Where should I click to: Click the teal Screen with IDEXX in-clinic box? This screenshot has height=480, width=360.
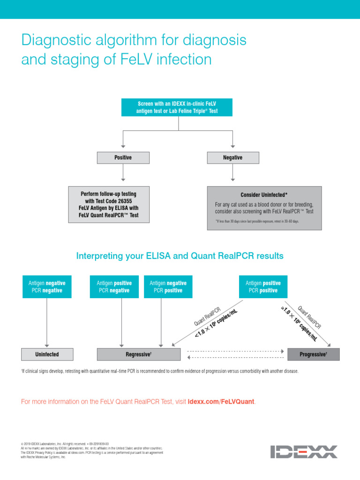pyautogui.click(x=178, y=107)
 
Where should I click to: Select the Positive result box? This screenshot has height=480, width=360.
pyautogui.click(x=123, y=158)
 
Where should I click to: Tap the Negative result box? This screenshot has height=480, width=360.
pyautogui.click(x=232, y=158)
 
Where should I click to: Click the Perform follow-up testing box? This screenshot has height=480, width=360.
pyautogui.click(x=109, y=204)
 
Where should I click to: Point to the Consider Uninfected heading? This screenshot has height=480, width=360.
pyautogui.click(x=264, y=195)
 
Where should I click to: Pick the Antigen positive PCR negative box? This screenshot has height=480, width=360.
pyautogui.click(x=114, y=287)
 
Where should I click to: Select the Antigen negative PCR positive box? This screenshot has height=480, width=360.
pyautogui.click(x=168, y=287)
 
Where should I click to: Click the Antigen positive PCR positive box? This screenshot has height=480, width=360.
pyautogui.click(x=263, y=287)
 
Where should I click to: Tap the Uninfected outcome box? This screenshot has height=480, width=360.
pyautogui.click(x=46, y=354)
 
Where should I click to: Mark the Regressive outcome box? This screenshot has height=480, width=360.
pyautogui.click(x=138, y=354)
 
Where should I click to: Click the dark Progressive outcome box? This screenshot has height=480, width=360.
pyautogui.click(x=313, y=354)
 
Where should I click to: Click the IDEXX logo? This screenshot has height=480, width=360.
pyautogui.click(x=303, y=452)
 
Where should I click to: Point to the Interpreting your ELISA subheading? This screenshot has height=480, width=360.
pyautogui.click(x=180, y=256)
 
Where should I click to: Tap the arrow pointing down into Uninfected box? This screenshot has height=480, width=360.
pyautogui.click(x=46, y=345)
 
